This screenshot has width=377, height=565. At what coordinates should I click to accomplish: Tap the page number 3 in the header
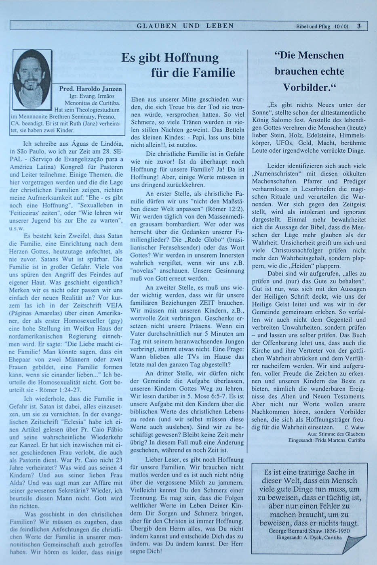click(x=359, y=26)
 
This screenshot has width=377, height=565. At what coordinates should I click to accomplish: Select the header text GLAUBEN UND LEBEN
click(x=185, y=26)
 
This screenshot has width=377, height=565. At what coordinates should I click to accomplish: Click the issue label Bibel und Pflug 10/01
click(x=322, y=27)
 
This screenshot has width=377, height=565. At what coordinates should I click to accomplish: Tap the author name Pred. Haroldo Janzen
click(x=90, y=89)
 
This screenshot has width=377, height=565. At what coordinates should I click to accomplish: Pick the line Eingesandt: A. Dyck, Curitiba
click(x=309, y=538)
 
